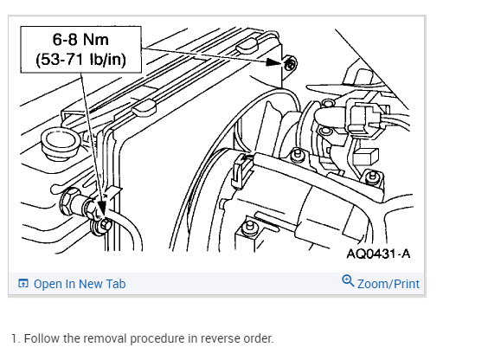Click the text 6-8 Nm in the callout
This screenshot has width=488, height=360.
click(80, 40)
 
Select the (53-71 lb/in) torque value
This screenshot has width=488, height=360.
click(80, 59)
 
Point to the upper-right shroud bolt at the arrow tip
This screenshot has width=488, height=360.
click(291, 64)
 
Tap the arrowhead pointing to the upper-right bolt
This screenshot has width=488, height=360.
click(274, 61)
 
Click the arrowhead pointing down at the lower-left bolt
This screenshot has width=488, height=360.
click(101, 207)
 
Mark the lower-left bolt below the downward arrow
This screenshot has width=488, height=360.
click(106, 224)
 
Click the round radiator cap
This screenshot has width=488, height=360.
click(60, 144)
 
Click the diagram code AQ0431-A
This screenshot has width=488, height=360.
click(378, 254)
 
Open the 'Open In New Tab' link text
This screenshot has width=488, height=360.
click(80, 284)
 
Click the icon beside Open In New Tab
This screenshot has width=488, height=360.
click(23, 284)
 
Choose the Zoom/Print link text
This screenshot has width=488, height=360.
click(388, 284)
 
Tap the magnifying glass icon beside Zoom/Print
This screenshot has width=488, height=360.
click(348, 280)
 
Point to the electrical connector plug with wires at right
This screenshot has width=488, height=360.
click(367, 119)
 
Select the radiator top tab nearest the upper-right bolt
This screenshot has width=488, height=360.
click(247, 45)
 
